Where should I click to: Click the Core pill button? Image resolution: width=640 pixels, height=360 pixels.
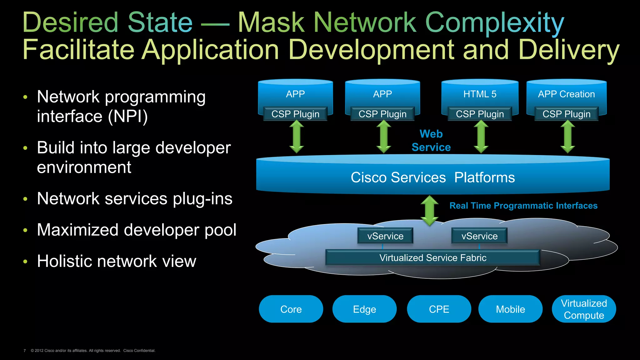click(291, 309)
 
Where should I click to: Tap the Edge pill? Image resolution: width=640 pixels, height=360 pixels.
click(364, 309)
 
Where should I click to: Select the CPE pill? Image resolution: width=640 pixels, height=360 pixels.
click(439, 309)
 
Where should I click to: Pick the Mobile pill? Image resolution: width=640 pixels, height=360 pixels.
click(510, 309)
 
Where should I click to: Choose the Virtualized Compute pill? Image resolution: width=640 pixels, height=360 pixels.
click(584, 309)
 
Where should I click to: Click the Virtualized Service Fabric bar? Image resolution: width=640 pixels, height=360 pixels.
click(433, 257)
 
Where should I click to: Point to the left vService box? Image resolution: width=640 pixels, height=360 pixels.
click(385, 236)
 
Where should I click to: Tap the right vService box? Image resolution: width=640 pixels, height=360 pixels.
click(479, 236)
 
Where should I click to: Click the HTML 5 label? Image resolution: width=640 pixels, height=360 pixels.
click(480, 94)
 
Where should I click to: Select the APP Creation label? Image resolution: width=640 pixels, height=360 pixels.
click(566, 94)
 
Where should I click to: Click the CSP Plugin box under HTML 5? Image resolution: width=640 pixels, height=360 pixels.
click(480, 114)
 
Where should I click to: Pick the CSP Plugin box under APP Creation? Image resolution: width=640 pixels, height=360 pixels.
click(566, 114)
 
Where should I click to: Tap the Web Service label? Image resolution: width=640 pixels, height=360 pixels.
click(431, 141)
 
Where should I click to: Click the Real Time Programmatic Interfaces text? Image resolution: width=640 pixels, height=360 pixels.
click(523, 206)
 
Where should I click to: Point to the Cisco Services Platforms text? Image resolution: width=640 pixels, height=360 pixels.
click(433, 177)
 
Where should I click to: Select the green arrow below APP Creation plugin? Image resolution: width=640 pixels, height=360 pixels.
click(567, 137)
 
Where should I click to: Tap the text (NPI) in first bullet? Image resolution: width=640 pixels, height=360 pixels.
click(128, 117)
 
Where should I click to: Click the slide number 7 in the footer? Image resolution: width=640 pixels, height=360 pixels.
click(25, 351)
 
